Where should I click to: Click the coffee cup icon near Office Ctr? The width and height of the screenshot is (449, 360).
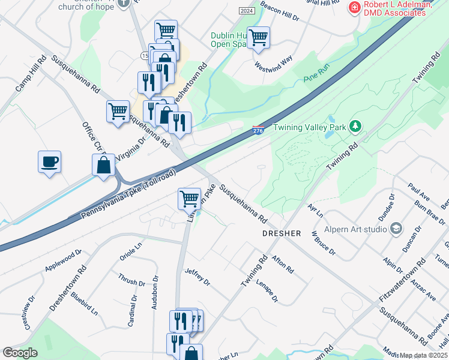pos(50,161)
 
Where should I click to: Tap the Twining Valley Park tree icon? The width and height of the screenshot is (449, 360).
pos(356,126)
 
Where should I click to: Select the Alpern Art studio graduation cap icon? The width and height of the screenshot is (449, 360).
pos(396,228)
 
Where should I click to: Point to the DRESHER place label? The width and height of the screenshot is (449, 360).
pos(281,233)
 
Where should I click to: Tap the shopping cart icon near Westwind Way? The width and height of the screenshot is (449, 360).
pos(258,37)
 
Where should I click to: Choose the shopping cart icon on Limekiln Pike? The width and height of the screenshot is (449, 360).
pos(189,197)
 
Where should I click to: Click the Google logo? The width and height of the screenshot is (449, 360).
pos(20,353)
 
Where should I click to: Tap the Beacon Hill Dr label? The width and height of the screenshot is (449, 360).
pos(280,12)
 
